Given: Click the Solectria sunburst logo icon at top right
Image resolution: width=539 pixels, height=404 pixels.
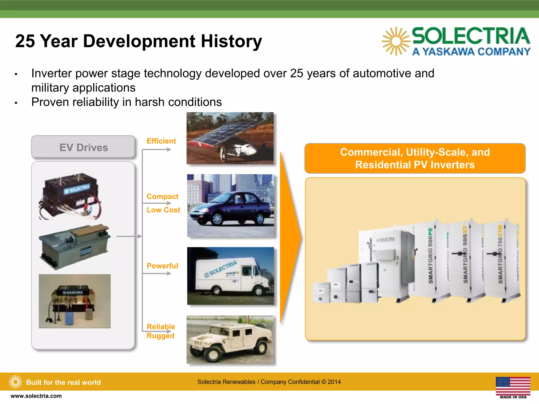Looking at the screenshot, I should pos(395,41).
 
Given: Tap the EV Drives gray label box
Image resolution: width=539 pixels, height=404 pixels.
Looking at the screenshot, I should pos(83,147).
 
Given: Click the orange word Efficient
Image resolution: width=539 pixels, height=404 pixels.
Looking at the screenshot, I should pos(161,141).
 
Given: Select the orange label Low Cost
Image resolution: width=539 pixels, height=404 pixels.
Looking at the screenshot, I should pos(163,210).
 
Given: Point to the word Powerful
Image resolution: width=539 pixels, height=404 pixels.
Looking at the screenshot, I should pos(162,266).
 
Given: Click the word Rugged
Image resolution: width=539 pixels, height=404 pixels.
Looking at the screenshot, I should pos(160,336).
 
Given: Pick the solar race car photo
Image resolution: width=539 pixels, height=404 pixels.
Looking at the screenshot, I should pos(230,138).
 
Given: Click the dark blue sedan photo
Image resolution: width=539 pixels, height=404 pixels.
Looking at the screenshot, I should pos(231,206).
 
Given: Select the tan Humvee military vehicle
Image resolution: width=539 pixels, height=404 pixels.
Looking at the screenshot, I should pos(230,340).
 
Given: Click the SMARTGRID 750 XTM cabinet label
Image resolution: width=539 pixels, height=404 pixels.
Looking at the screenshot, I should pos(500,254).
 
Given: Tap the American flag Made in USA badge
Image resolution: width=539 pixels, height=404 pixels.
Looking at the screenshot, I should pos(513,387).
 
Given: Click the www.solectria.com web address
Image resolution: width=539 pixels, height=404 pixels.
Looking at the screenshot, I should pos(36,396).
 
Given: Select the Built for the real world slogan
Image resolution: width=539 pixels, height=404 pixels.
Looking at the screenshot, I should pos(63,382).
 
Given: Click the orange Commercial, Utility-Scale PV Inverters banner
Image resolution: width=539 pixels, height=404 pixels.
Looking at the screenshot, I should pos(415,158).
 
